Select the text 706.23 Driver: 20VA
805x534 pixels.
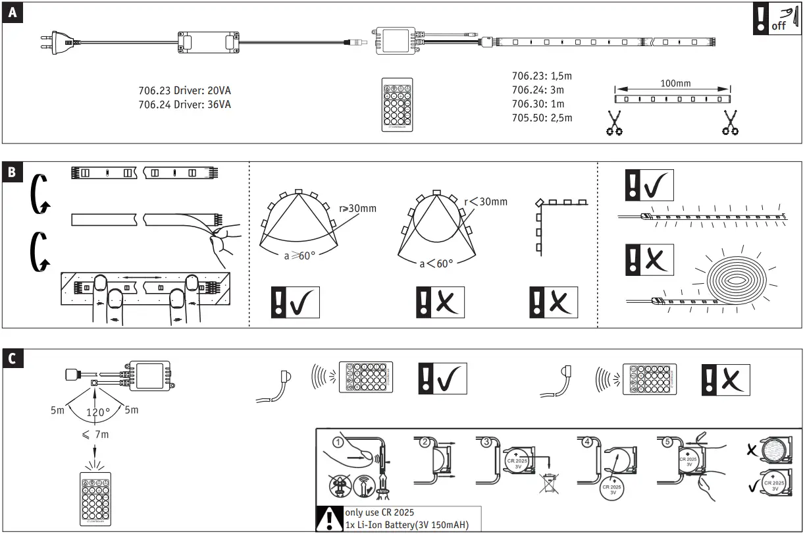click(x=184, y=91)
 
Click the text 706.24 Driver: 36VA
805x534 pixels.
click(x=184, y=104)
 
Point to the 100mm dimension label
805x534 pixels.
click(x=675, y=84)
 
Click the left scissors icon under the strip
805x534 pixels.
click(x=615, y=123)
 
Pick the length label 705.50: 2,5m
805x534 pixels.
click(x=542, y=118)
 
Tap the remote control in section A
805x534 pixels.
click(x=396, y=104)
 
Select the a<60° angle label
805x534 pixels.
click(x=436, y=263)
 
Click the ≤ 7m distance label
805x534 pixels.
click(x=95, y=435)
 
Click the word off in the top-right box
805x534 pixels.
click(x=779, y=26)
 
